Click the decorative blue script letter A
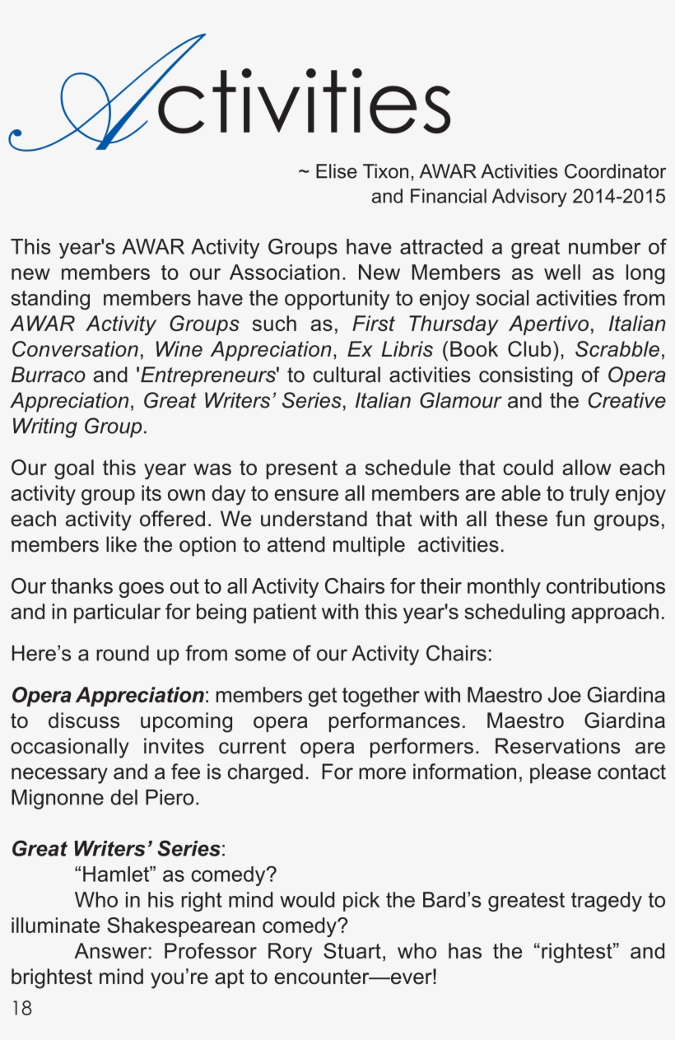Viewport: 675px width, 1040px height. (107, 95)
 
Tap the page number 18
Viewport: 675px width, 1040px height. (22, 1008)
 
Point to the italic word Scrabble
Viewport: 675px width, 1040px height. (617, 349)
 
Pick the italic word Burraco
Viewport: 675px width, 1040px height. (48, 375)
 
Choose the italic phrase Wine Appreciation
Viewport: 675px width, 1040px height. (243, 349)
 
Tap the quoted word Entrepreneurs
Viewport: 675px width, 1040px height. (207, 375)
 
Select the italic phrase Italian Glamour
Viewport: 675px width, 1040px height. (426, 401)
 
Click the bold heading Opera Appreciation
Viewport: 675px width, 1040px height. (107, 696)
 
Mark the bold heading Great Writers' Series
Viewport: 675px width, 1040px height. (115, 849)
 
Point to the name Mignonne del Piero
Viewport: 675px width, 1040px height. (105, 798)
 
